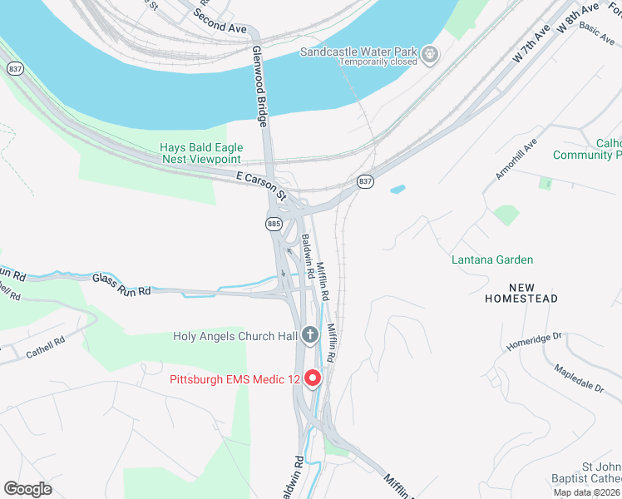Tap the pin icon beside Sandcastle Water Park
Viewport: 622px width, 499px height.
pos(429,56)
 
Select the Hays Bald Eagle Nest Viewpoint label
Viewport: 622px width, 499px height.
pos(200,154)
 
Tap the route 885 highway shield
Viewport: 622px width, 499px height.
pos(274,224)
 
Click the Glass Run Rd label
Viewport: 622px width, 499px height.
pos(121,285)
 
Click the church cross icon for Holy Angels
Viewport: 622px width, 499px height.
pos(310,336)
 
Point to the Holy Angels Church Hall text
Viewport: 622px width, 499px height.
pos(234,337)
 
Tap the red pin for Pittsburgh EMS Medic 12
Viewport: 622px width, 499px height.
pos(313,378)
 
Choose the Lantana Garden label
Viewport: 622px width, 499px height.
pos(492,259)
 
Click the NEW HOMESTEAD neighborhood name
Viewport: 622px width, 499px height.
pos(521,292)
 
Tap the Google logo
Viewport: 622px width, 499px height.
pos(27,489)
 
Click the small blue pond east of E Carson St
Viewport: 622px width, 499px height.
pos(397,190)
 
